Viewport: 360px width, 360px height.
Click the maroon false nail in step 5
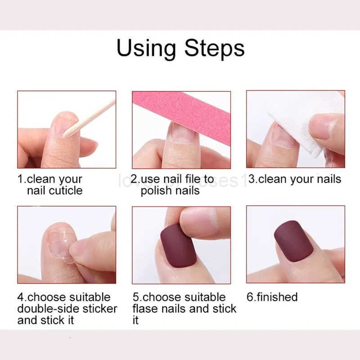pos(178,245)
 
